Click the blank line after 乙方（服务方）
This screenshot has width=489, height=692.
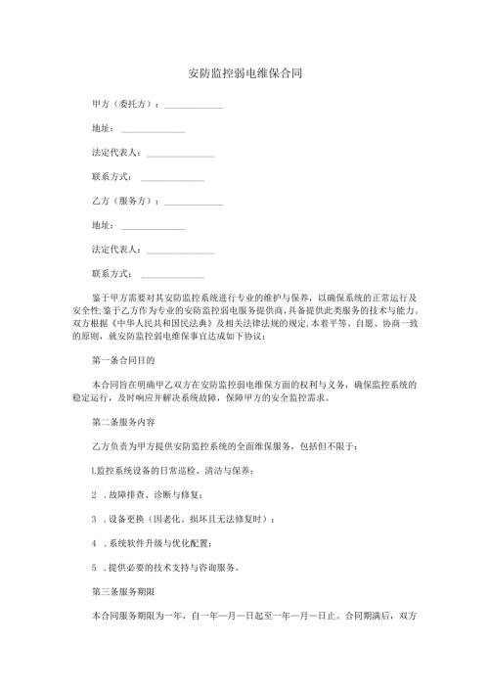(195, 203)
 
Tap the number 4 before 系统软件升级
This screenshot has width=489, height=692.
(93, 543)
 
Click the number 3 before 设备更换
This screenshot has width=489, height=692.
(93, 520)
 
